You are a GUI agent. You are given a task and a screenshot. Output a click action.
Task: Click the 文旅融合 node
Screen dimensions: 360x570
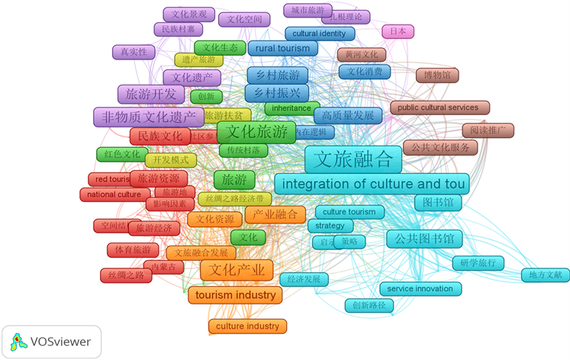tap(353, 159)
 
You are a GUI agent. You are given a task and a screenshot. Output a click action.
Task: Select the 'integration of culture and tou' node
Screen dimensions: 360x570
tap(372, 184)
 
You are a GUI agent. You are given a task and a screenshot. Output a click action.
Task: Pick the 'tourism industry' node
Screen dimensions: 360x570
tap(235, 295)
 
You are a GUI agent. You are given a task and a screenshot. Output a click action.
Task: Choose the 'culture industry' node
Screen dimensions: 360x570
tap(247, 326)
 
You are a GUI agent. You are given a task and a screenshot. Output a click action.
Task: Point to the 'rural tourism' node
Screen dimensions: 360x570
tap(282, 48)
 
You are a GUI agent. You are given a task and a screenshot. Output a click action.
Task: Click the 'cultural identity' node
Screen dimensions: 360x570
tap(319, 34)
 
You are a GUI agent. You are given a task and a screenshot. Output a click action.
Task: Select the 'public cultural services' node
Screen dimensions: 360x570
tap(438, 108)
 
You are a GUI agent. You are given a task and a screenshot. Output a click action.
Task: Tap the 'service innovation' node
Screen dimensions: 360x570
tap(420, 289)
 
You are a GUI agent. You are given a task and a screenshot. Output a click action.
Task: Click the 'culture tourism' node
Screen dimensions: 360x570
tap(349, 211)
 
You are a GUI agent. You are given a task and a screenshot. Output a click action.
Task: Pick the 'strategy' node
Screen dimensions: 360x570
tap(330, 226)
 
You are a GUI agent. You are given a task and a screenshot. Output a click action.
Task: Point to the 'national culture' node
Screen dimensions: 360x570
tap(114, 194)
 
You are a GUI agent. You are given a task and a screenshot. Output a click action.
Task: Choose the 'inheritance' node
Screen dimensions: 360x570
tap(291, 108)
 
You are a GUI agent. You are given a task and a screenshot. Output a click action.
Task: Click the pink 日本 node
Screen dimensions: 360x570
tap(398, 31)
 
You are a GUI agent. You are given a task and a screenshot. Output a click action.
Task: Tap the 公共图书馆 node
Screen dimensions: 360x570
tap(424, 239)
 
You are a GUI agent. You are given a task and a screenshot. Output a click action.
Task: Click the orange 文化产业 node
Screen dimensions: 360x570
tap(237, 270)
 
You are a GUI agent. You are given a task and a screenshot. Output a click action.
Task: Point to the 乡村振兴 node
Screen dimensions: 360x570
tap(277, 93)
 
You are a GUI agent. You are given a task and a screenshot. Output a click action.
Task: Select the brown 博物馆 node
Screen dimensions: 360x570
tap(436, 76)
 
